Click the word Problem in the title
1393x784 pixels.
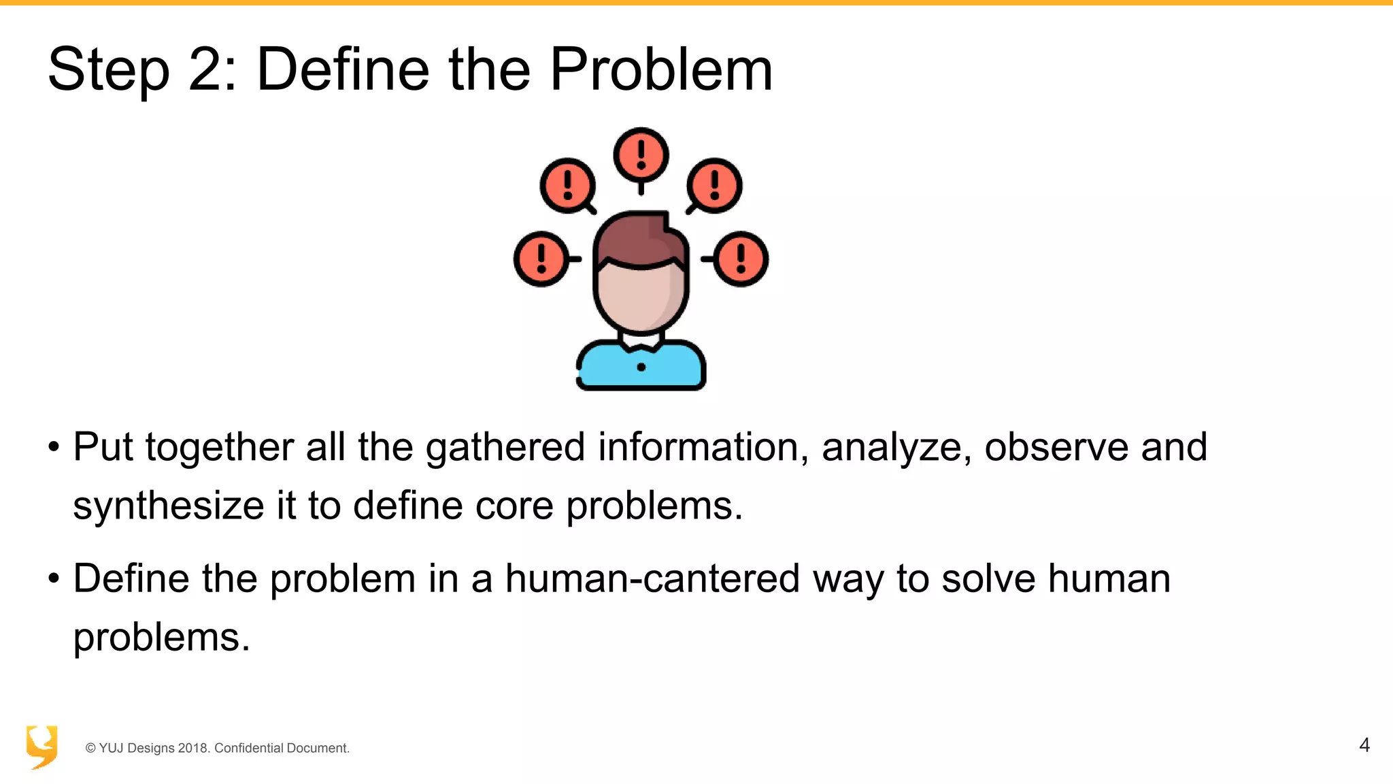click(660, 70)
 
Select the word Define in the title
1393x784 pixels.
click(343, 70)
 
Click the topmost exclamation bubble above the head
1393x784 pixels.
click(641, 154)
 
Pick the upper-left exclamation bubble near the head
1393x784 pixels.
click(567, 185)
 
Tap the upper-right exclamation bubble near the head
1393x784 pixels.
click(714, 185)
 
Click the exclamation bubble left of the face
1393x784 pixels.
click(541, 259)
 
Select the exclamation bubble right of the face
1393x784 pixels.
click(741, 259)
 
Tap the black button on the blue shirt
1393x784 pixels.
click(641, 367)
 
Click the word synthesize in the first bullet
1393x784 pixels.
click(169, 506)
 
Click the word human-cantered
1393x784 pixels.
click(652, 578)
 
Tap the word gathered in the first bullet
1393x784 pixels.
click(505, 448)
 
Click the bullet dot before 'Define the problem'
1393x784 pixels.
click(54, 579)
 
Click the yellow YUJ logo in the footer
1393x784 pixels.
click(41, 747)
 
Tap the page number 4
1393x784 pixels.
click(1364, 745)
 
